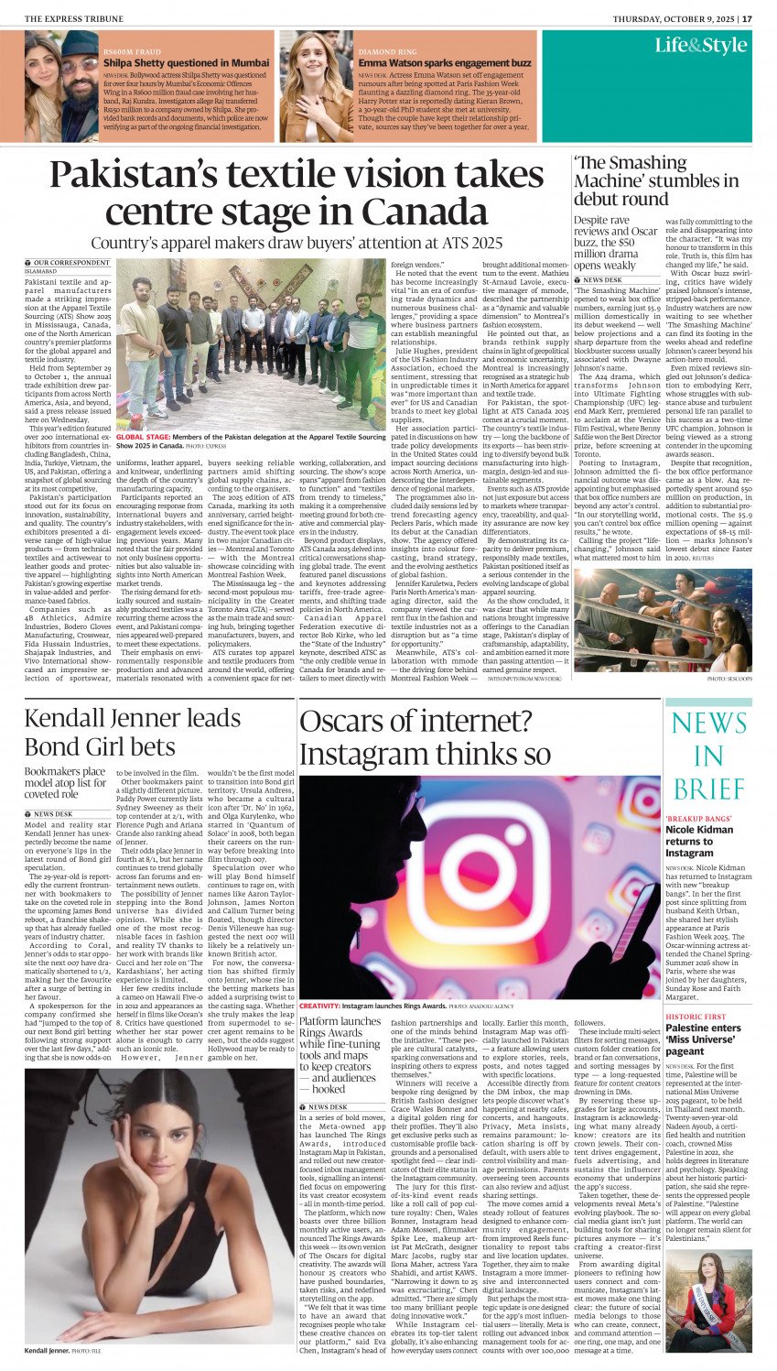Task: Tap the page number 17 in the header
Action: tap(748, 17)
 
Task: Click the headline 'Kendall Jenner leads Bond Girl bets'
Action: tap(133, 732)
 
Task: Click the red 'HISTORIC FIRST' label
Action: tap(696, 1017)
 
